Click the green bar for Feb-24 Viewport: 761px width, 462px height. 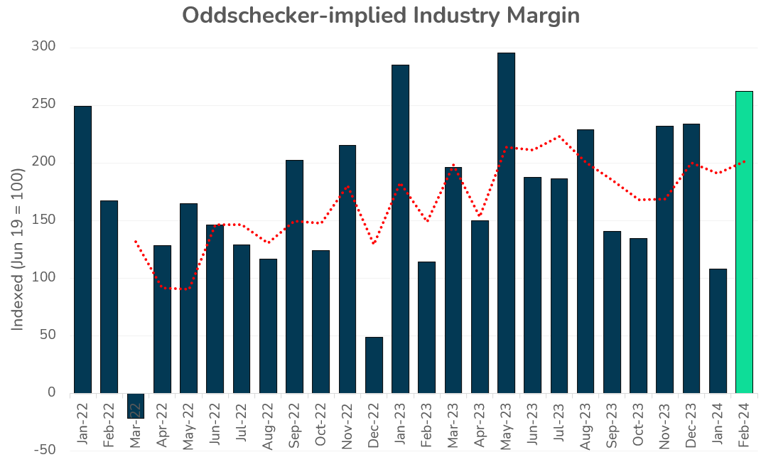(744, 242)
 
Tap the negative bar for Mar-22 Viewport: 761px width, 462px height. (136, 406)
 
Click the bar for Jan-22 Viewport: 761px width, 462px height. (82, 249)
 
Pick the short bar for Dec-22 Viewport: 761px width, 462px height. (374, 365)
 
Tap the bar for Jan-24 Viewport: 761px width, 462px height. (718, 331)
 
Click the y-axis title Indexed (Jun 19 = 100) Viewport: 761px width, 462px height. (18, 249)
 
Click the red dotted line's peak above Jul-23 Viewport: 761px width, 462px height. (559, 136)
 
